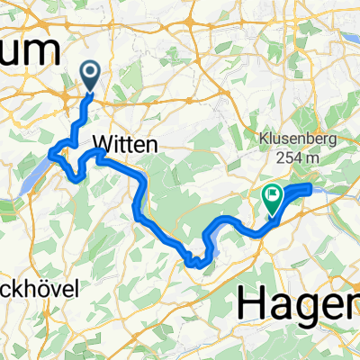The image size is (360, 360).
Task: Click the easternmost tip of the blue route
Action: [310, 186]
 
